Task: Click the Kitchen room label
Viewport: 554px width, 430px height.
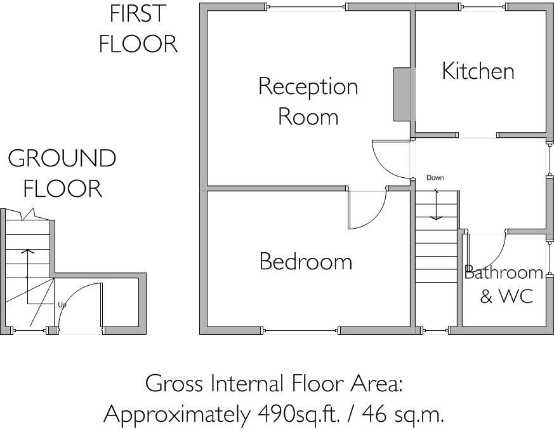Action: click(x=478, y=71)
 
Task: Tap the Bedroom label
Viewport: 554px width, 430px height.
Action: click(x=305, y=262)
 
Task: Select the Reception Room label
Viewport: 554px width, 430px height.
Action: click(x=308, y=101)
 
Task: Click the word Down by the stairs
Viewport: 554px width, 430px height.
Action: click(x=435, y=178)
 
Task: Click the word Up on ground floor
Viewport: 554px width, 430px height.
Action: click(x=62, y=305)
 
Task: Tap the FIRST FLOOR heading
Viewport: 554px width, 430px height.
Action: click(x=138, y=29)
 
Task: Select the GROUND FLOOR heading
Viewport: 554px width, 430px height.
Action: click(x=62, y=173)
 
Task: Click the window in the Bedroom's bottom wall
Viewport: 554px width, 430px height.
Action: click(x=301, y=330)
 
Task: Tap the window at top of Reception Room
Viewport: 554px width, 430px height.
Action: click(x=307, y=7)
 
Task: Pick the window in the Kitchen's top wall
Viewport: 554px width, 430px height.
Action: click(x=483, y=7)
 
